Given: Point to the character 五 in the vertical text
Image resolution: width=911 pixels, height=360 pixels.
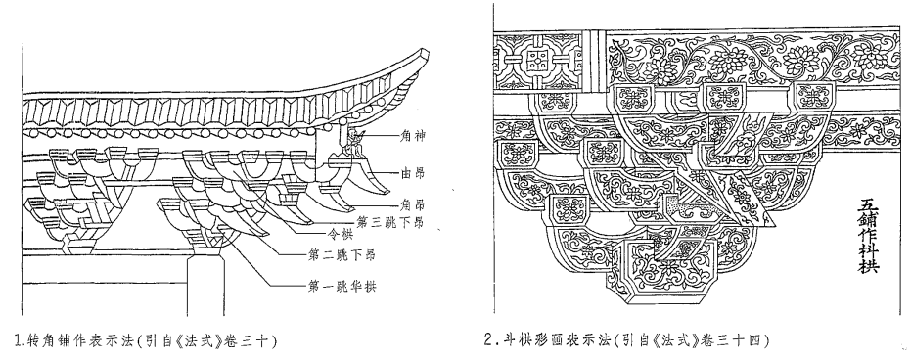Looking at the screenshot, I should coord(867,202).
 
